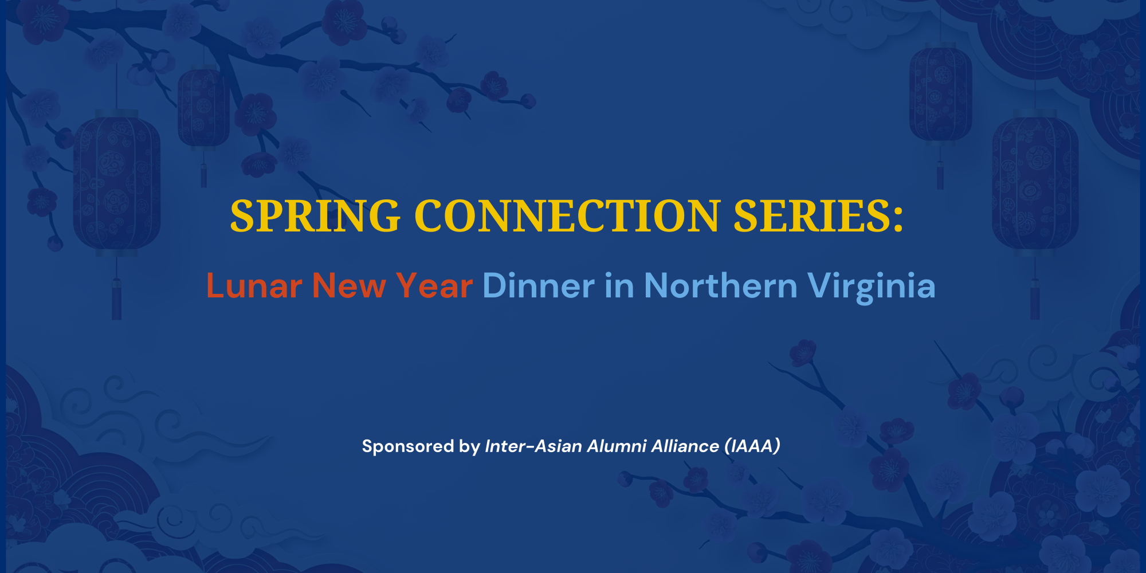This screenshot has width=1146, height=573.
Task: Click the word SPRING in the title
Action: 315,217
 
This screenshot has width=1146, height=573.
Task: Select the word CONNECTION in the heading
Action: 567,217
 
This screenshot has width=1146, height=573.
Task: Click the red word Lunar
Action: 254,286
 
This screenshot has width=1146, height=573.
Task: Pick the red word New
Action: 348,286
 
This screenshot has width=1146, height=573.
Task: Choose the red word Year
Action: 434,286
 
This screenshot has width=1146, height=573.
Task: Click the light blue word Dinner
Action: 539,286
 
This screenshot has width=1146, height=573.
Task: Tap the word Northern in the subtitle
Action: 720,286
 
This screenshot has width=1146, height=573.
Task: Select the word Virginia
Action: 871,286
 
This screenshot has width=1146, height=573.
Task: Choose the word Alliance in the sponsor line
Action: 685,446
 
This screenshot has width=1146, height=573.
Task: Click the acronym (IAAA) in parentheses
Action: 752,446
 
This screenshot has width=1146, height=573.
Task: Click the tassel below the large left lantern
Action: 116,298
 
